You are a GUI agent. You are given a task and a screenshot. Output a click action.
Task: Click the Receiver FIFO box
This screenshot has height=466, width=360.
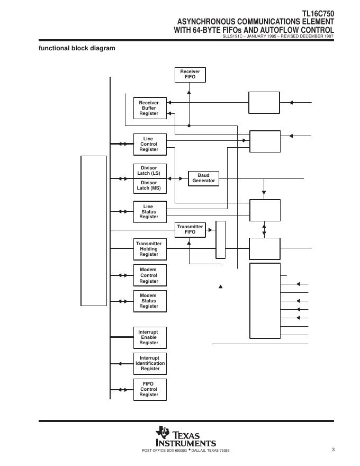point(190,75)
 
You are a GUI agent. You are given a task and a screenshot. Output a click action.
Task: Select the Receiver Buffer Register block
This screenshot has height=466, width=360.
point(149,108)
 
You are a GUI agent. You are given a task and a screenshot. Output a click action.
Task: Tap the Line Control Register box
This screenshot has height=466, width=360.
point(149,144)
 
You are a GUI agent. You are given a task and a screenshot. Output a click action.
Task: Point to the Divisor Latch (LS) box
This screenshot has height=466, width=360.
point(149,171)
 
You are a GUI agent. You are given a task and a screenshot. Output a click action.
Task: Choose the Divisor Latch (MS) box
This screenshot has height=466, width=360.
point(149,186)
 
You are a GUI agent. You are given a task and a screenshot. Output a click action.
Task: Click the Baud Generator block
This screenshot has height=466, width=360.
point(204,178)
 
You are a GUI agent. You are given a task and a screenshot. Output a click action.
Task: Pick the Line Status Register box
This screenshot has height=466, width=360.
point(149,212)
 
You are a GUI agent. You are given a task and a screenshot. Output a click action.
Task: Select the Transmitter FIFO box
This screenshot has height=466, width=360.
point(190,230)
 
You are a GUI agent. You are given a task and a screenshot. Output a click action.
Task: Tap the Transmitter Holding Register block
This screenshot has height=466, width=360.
point(149,249)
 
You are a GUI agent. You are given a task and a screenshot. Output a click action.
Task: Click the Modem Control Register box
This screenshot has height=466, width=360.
point(149,275)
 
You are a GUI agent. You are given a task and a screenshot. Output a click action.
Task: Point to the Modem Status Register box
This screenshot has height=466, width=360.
point(149,301)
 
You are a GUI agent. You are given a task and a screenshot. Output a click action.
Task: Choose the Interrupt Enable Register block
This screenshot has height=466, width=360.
point(149,337)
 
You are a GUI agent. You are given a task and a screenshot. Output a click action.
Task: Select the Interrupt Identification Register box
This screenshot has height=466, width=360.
point(149,363)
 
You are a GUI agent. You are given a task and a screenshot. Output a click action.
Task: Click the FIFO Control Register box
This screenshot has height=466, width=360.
point(149,389)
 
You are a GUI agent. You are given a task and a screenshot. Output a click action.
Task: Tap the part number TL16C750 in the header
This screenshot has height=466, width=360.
point(318,14)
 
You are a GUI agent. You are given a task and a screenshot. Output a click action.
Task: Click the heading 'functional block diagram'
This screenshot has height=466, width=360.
point(77,48)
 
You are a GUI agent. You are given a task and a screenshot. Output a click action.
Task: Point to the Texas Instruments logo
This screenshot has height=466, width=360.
point(185,437)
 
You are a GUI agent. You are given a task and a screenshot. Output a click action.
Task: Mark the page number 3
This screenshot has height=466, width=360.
point(334,450)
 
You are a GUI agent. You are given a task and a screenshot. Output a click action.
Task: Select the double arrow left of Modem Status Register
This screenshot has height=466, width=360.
point(123,301)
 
